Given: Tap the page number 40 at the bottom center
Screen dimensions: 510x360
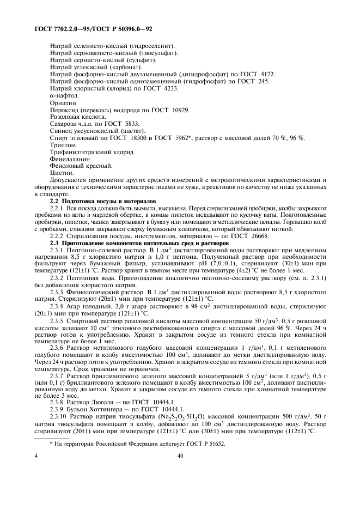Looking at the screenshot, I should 180,458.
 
